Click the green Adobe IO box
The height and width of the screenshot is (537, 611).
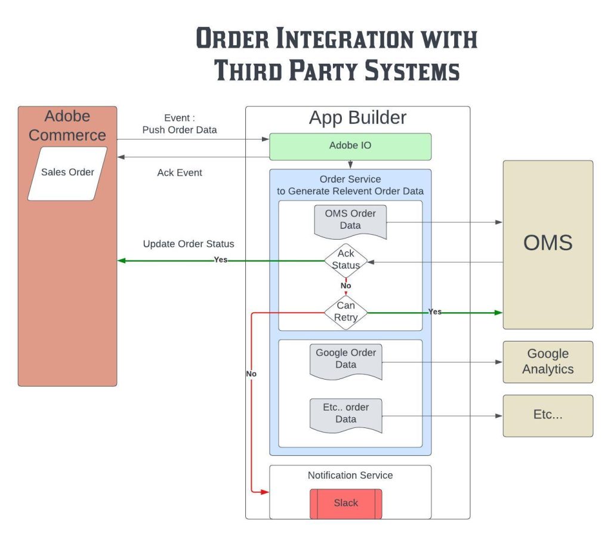tap(350, 147)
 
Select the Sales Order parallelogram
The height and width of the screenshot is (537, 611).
tap(67, 173)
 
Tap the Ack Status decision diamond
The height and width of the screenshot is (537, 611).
tap(346, 260)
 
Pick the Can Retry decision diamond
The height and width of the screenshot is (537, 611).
tap(346, 312)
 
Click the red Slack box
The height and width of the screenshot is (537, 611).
tap(345, 503)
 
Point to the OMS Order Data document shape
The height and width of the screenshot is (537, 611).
tap(350, 221)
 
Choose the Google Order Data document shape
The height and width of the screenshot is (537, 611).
tap(346, 359)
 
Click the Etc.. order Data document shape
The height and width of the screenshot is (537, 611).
tap(346, 414)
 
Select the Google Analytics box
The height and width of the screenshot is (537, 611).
tap(548, 362)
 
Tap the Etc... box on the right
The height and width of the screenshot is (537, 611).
tap(548, 415)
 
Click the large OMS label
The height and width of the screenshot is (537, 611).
tap(548, 243)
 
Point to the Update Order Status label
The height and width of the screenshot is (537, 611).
tap(189, 244)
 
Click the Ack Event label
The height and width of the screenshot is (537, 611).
tap(180, 173)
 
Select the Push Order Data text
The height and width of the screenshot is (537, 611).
tap(180, 130)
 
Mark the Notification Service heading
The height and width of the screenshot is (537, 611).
tap(350, 475)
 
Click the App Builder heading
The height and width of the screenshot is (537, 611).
tap(357, 117)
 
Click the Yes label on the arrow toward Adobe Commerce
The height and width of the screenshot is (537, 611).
tap(221, 260)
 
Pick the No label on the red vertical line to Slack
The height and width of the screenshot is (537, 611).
tap(251, 374)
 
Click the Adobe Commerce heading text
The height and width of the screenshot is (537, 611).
tap(67, 126)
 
